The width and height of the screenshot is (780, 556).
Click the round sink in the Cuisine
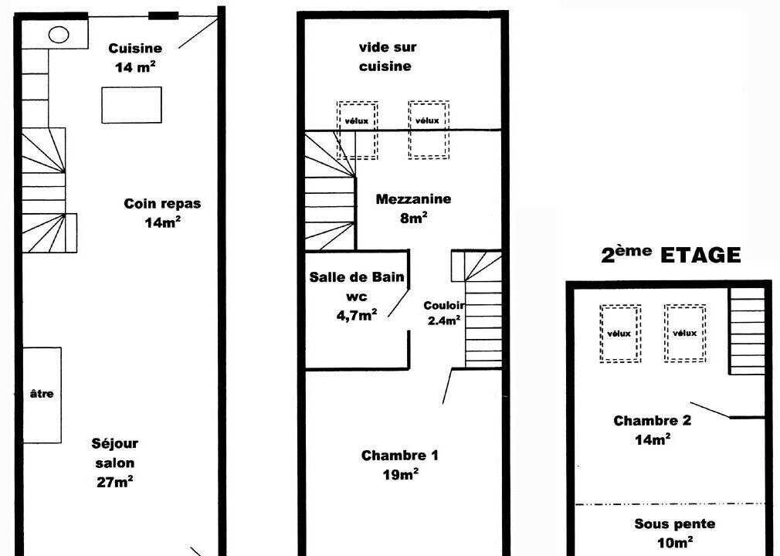point(59,35)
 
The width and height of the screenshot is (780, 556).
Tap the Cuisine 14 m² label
point(135,57)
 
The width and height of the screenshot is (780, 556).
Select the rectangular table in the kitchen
point(132,105)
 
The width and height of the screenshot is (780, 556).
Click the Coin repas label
point(162,203)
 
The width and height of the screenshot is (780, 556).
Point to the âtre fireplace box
point(42,395)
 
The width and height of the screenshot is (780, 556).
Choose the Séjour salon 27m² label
point(115,463)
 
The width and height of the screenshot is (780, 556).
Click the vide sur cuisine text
point(387,56)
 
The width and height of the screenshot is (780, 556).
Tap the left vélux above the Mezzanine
point(357,131)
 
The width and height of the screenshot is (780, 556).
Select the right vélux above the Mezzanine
point(429,130)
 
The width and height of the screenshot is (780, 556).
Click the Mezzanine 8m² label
point(413,208)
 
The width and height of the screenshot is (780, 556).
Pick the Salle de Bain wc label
point(357,286)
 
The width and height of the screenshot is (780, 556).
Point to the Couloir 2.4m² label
point(443,313)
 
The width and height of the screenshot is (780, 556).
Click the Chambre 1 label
point(400,455)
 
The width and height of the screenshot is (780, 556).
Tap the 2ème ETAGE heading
point(671,254)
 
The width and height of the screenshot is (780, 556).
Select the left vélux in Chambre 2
point(620,333)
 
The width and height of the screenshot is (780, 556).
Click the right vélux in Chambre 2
point(685,333)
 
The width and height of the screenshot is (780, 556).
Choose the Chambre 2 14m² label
point(652,430)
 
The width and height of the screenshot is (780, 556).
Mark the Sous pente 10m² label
point(675,533)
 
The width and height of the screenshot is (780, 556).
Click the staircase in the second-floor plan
point(747,331)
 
